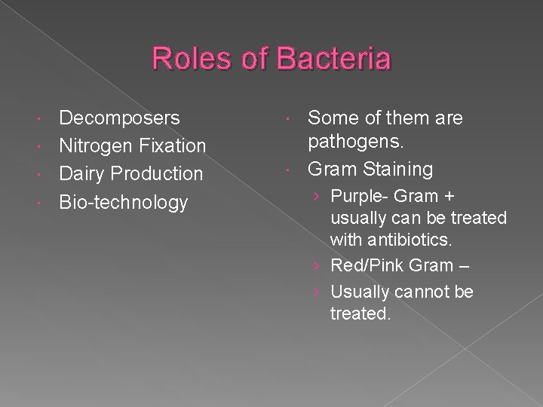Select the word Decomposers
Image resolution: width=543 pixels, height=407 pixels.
119,118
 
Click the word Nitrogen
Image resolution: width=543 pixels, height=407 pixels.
96,145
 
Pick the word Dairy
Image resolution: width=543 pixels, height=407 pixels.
82,173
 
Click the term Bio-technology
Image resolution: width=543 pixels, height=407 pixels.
123,201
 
